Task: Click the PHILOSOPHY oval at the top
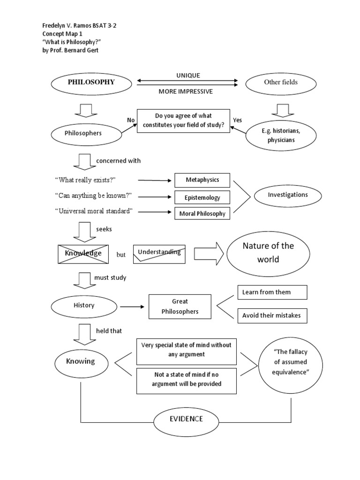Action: coord(91,82)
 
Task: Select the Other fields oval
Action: coord(280,82)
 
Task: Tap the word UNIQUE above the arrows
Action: coord(188,75)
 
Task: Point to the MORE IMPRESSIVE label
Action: coord(186,91)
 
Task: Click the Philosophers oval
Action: coord(83,133)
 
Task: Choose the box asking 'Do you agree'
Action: coord(183,121)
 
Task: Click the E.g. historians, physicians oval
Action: coord(280,135)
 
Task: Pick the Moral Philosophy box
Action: coord(202,214)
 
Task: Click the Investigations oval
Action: coord(288,195)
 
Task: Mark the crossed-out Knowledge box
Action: coord(83,254)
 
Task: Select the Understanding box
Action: coord(159,253)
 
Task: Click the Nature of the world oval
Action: coord(268,253)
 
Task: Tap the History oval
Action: coord(84,306)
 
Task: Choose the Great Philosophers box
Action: coord(180,307)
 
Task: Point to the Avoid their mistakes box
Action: coord(272,315)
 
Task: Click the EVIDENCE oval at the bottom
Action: coord(186,419)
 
